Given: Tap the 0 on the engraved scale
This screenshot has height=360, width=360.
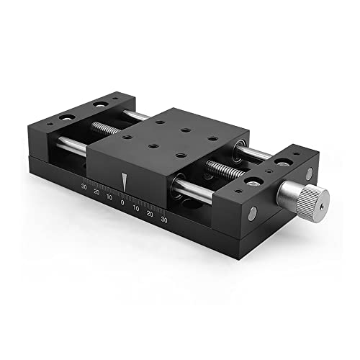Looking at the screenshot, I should point(122,204).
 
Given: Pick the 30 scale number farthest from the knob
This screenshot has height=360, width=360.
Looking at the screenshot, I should point(85,189).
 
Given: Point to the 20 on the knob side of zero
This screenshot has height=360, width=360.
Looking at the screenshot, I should point(149,214).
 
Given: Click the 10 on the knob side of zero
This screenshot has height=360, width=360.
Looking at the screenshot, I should point(135,209).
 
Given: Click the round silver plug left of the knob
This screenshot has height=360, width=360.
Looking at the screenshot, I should point(252,214).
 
